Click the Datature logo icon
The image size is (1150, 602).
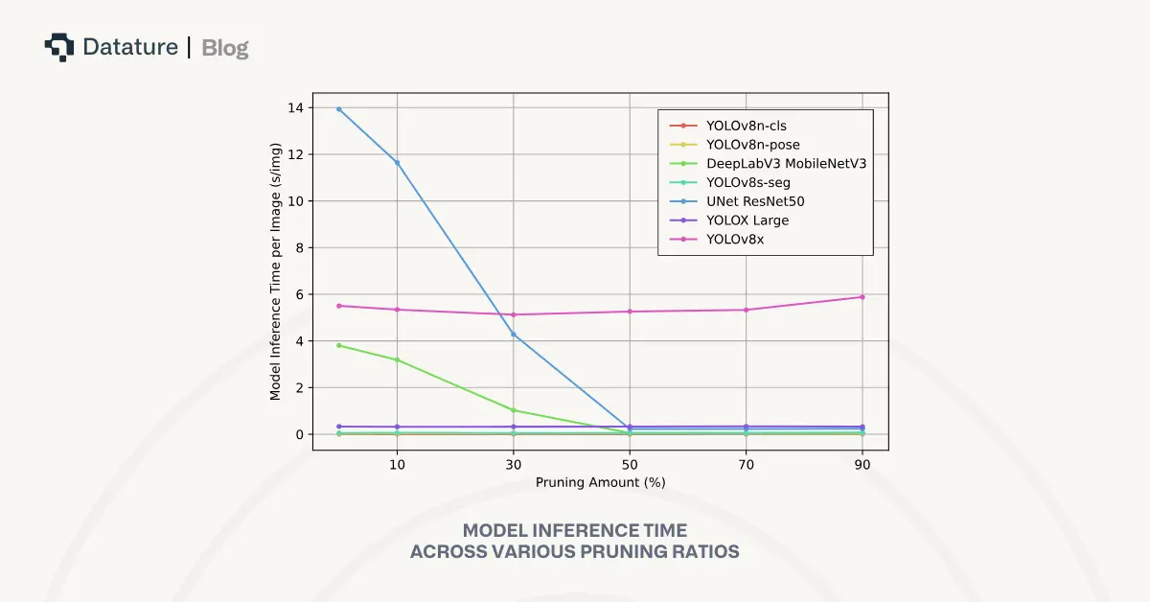click(x=59, y=47)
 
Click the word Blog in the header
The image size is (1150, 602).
click(x=225, y=47)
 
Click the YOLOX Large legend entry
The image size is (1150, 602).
click(x=747, y=220)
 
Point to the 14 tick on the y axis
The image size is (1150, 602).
click(x=296, y=108)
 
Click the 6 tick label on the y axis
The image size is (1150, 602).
click(x=300, y=294)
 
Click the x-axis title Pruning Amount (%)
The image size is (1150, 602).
click(x=600, y=482)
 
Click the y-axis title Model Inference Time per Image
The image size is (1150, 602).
click(x=275, y=271)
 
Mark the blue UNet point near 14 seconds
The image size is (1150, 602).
click(x=339, y=109)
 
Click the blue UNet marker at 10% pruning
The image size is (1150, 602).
click(x=397, y=162)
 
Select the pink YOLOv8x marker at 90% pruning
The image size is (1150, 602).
click(x=862, y=297)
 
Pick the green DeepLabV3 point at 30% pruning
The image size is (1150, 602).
click(x=514, y=410)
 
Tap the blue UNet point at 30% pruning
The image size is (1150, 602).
click(x=514, y=335)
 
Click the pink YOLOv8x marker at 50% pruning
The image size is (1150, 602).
click(x=630, y=312)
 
